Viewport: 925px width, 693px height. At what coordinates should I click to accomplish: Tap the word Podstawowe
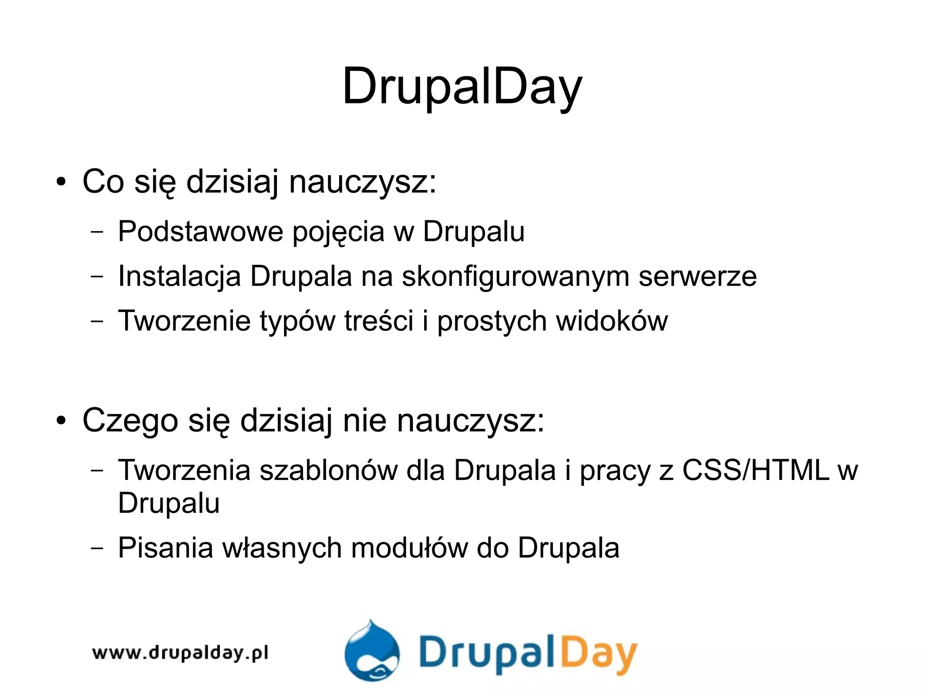(201, 232)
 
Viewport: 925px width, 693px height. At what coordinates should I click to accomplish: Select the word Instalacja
(179, 276)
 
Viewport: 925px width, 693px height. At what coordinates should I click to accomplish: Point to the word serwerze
(697, 276)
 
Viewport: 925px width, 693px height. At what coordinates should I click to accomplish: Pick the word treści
(378, 321)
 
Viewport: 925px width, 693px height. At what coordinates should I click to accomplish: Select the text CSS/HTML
(756, 470)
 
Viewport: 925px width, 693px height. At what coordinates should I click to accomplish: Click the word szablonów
(328, 470)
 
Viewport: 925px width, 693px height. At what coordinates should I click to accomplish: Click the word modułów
(410, 548)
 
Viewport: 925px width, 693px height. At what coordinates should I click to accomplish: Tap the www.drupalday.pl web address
(180, 653)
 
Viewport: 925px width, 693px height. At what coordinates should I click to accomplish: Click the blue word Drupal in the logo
(487, 652)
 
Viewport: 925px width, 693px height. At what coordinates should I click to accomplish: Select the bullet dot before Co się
(61, 182)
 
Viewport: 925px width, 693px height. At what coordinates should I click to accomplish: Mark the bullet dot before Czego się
(61, 421)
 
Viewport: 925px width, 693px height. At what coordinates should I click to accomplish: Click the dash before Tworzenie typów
(97, 321)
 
